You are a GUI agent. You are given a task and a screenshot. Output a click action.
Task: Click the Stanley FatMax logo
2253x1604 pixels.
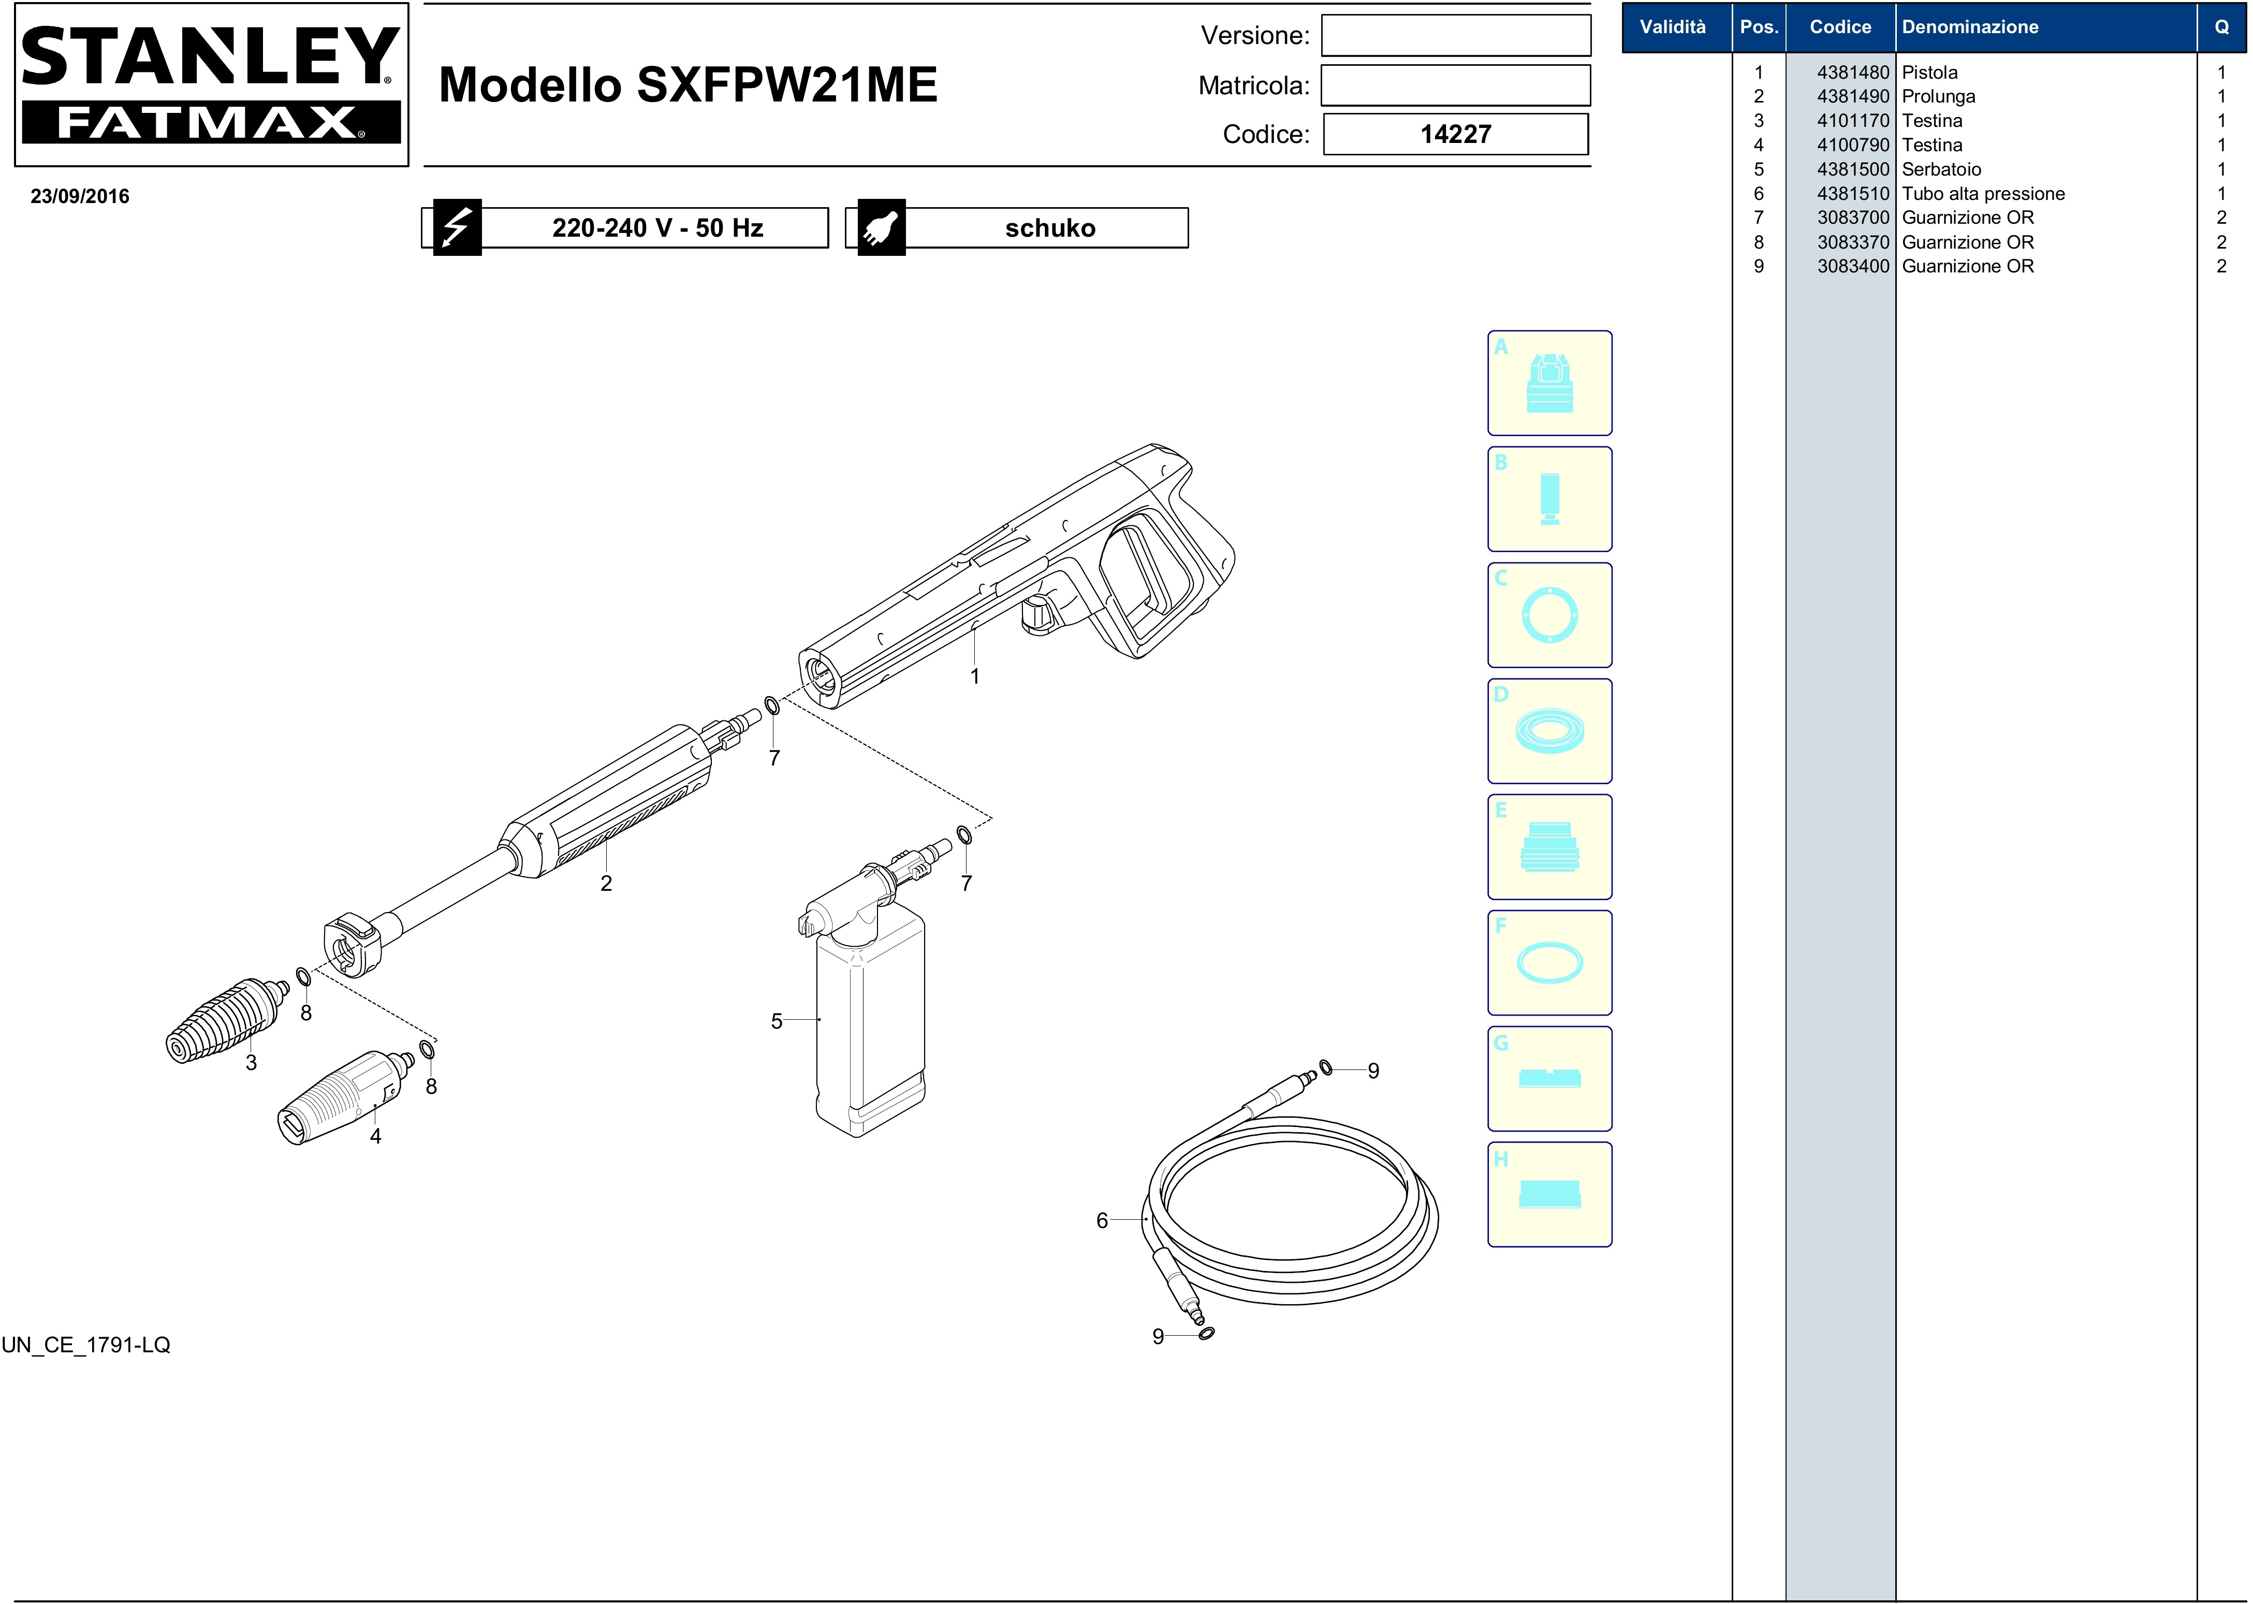(x=211, y=85)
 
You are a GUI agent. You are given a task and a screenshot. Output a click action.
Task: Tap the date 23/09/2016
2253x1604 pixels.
(x=80, y=196)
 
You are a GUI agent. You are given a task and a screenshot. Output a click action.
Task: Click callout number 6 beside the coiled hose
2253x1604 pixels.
(x=1102, y=1221)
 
